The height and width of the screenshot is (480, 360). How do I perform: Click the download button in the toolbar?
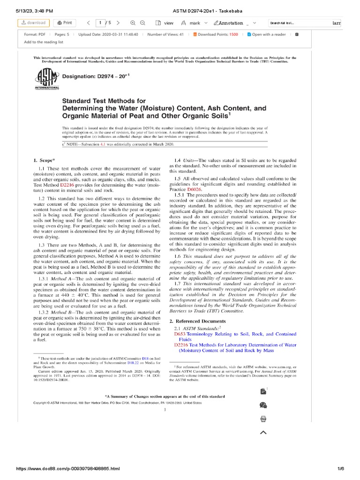pos(33,22)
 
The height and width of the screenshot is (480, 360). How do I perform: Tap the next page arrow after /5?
pos(118,22)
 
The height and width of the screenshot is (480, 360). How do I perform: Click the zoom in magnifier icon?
pos(133,22)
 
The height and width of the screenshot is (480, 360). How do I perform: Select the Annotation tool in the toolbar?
pos(230,22)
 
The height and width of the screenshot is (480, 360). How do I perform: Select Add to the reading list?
pos(44,42)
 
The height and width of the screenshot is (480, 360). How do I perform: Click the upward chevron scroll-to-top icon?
pos(263,432)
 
